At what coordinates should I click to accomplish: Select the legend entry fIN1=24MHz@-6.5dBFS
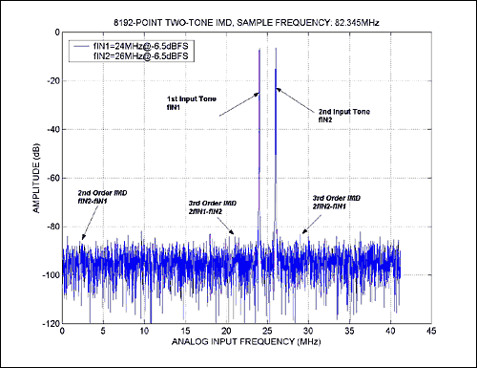point(125,44)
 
